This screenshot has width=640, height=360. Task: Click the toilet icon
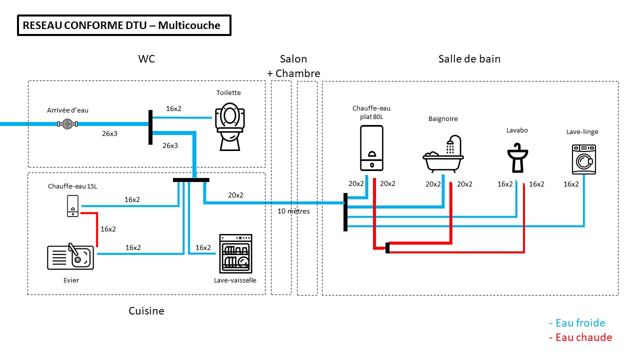[230, 126]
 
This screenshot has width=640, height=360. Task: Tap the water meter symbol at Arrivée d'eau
[67, 123]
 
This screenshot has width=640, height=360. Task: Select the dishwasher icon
[236, 253]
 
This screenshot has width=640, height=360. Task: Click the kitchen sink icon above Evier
[70, 257]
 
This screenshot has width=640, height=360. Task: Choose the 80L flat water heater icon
[371, 147]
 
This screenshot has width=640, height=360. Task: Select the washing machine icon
[584, 159]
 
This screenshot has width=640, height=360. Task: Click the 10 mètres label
[294, 211]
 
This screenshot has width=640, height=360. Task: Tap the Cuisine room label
[146, 311]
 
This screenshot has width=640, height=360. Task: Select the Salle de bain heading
[469, 59]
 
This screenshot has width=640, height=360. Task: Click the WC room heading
[146, 59]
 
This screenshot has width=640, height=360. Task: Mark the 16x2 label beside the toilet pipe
[173, 108]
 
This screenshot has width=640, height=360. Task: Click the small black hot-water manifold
[387, 247]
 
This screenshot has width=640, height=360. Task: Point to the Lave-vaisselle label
[235, 280]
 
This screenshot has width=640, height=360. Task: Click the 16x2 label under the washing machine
[571, 184]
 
